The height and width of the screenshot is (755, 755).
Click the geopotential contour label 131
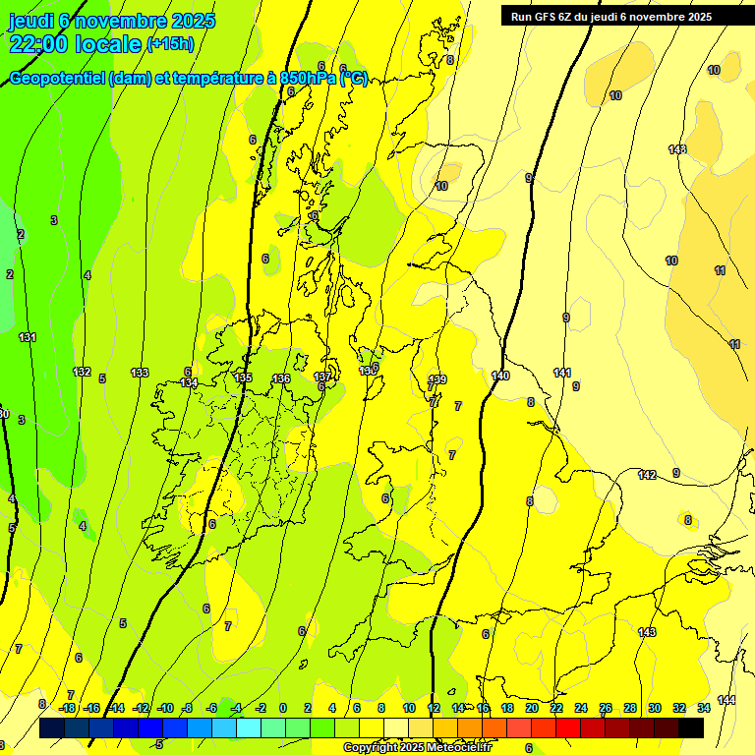28,337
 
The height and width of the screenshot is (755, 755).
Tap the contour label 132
83,372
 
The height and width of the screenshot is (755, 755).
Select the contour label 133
140,373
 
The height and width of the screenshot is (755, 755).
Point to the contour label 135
243,377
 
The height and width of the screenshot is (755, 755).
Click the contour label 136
281,378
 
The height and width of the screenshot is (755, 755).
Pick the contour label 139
437,379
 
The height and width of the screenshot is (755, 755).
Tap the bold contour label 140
500,376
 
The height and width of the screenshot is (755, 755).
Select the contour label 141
562,373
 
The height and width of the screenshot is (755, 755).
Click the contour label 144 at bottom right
726,699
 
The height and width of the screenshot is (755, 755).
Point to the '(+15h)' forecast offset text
170,44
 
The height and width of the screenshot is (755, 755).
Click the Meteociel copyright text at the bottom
417,748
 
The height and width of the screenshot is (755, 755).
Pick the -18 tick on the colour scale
68,708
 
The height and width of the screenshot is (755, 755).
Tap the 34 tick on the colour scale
704,708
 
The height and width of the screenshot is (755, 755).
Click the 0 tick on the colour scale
283,708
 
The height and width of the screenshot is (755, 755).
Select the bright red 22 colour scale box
568,727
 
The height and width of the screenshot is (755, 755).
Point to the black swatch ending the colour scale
691,727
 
